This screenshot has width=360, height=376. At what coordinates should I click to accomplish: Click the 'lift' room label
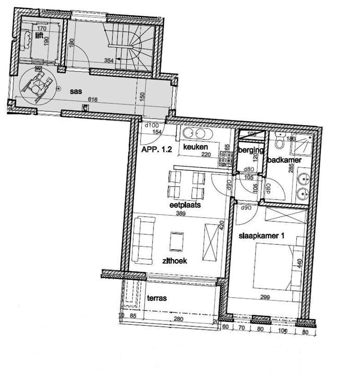tap(39, 36)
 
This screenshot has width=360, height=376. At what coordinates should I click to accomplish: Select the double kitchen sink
tap(196, 133)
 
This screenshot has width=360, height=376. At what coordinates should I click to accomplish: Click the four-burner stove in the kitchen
tap(226, 157)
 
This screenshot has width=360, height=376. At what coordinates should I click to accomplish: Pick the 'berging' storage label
tap(249, 150)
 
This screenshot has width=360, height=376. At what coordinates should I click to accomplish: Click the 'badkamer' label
tap(284, 160)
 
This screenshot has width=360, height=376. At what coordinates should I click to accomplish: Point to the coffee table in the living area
tap(177, 241)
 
